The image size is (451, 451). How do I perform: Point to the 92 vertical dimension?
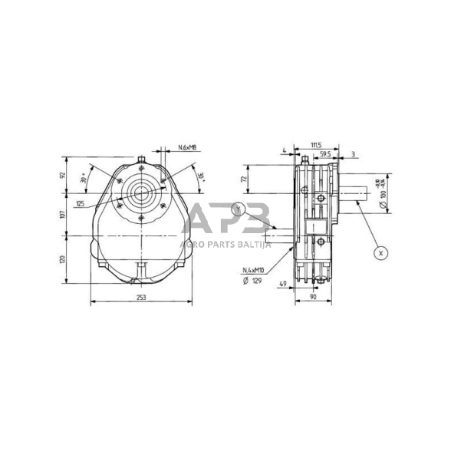click(64, 175)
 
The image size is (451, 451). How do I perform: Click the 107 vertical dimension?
click(64, 214)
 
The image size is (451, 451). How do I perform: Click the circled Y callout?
click(239, 208)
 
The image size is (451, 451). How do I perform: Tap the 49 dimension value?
click(283, 284)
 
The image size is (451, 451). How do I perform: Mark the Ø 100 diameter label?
click(380, 197)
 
